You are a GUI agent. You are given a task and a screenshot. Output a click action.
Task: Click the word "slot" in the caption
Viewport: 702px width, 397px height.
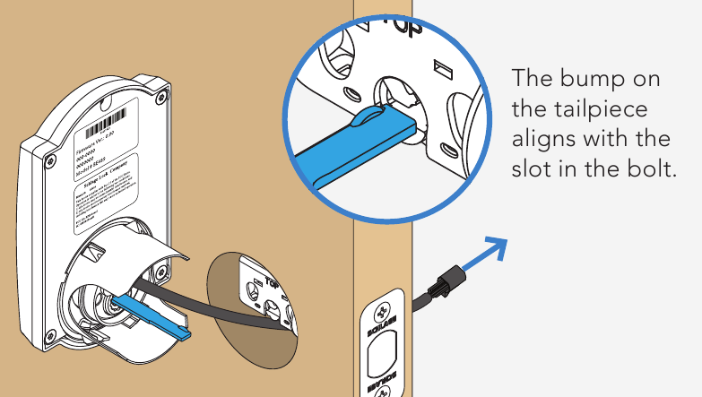click(531, 170)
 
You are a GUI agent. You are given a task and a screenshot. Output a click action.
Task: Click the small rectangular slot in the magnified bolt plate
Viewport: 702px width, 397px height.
click(439, 67)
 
